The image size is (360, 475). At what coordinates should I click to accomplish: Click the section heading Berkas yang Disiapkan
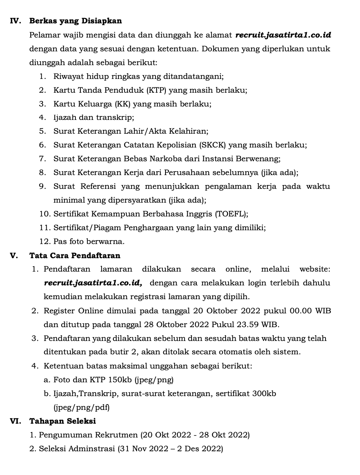coord(75,21)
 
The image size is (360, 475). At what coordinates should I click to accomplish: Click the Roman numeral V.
coord(14,256)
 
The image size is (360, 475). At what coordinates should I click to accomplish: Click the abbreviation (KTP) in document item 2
coord(157,90)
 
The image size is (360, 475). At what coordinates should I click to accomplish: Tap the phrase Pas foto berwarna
coord(89,242)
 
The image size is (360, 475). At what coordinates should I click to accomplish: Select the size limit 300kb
coord(264,393)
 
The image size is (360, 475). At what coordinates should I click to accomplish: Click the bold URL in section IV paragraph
coord(283,35)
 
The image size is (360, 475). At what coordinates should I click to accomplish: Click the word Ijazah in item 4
coord(65,118)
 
